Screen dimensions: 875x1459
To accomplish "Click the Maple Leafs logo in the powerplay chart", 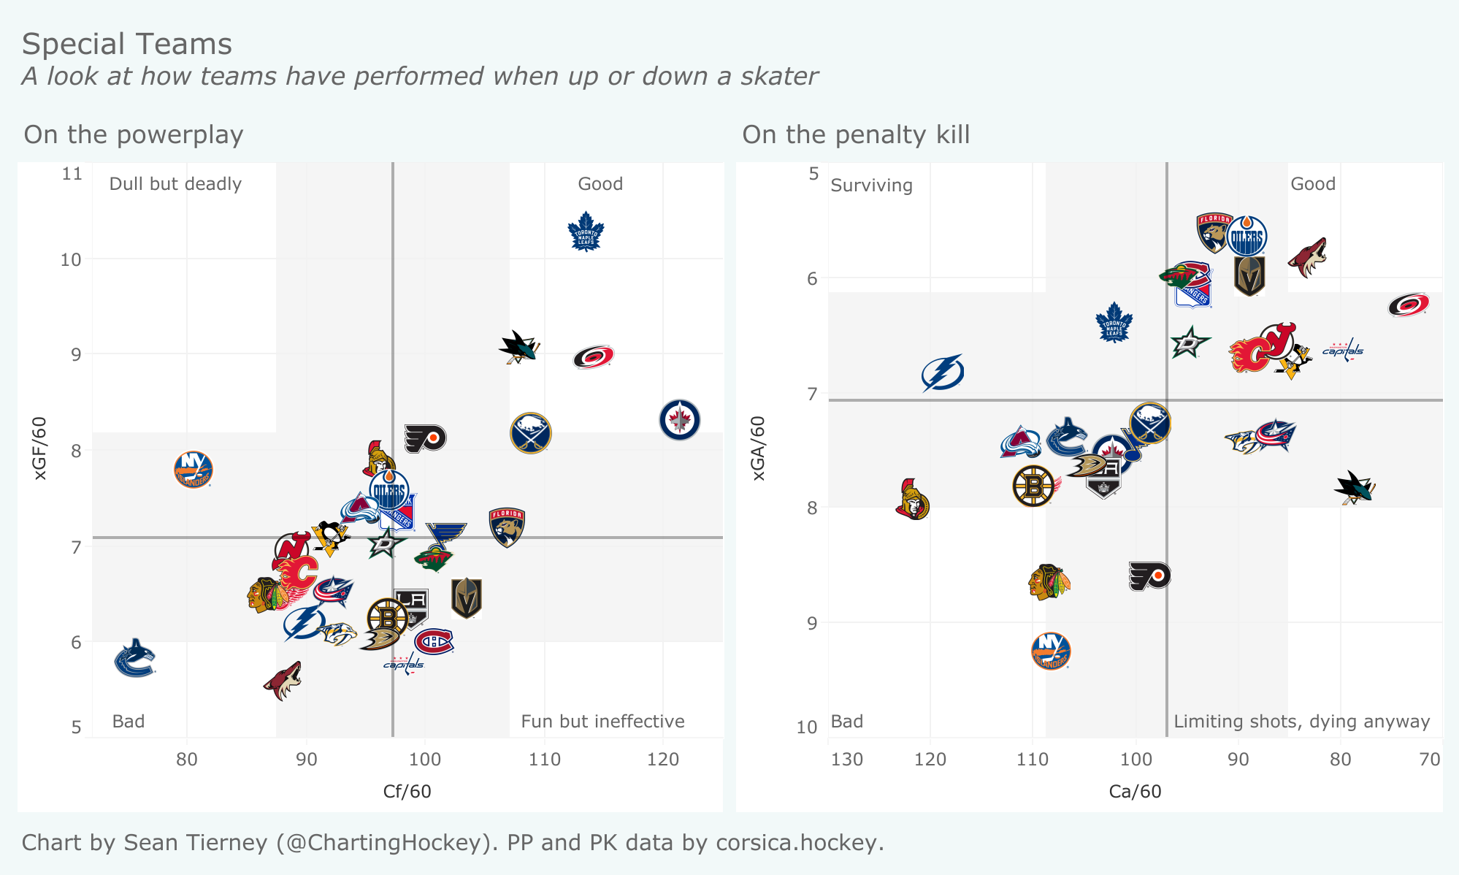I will point(586,232).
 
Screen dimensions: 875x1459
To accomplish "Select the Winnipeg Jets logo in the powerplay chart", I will point(679,420).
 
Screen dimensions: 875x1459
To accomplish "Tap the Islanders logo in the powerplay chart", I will point(194,470).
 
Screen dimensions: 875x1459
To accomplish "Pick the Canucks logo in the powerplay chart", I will point(135,658).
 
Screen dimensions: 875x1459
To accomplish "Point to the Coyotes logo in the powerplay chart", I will point(283,681).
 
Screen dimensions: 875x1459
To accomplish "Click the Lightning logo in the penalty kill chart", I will point(943,372).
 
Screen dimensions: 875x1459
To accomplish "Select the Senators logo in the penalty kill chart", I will point(912,500).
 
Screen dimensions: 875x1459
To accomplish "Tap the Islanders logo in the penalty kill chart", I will point(1051,651).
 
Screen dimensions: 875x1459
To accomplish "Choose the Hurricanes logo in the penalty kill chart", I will point(1408,305).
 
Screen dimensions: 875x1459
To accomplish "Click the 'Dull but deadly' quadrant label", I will point(175,184).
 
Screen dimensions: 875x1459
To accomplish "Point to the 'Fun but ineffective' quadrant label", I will point(602,722).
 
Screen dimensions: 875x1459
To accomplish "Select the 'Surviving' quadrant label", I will point(871,186).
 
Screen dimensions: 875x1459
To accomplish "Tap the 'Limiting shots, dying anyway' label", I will point(1301,722).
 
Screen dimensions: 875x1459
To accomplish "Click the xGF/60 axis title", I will point(40,448).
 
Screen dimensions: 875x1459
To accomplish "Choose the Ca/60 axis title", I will point(1135,792).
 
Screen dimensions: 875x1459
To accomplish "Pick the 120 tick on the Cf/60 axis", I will point(663,760).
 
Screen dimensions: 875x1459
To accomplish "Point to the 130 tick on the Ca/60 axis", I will point(846,760).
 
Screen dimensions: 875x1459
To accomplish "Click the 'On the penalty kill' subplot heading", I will point(856,135).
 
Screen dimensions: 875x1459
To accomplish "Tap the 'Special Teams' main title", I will point(127,45).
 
